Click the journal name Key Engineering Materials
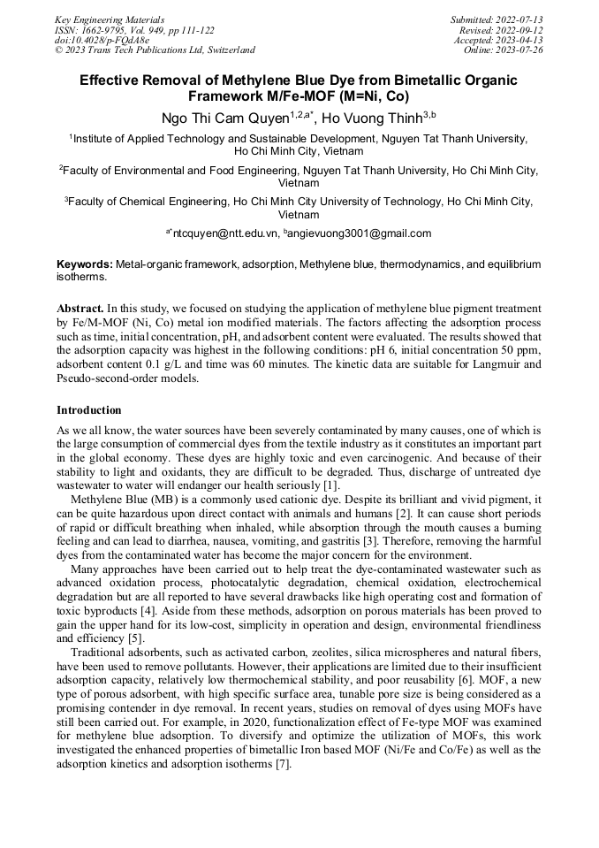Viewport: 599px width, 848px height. tap(109, 19)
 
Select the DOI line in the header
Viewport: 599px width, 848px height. tap(102, 40)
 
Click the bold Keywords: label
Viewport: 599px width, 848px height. tap(85, 264)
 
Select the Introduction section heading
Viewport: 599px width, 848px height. tap(89, 410)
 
